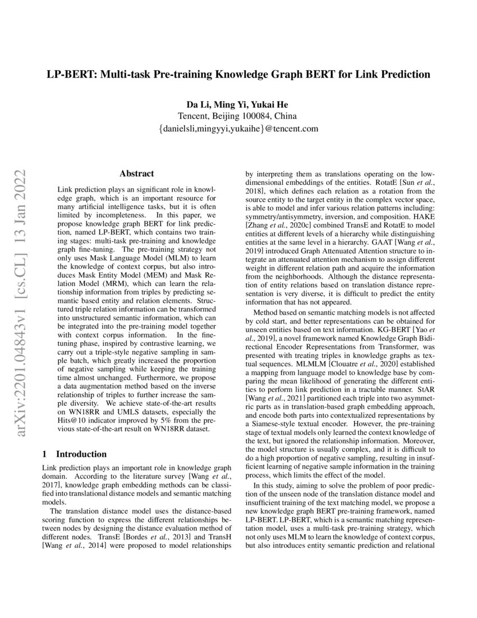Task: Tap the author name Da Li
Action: [x=195, y=104]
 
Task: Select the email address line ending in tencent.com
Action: [x=238, y=129]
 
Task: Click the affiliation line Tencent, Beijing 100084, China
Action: [x=238, y=116]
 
